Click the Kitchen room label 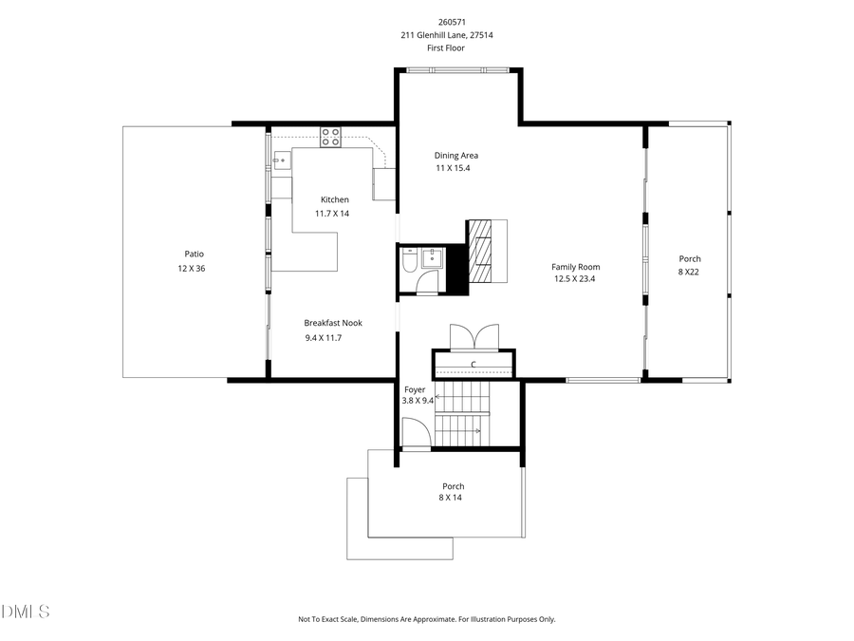(334, 199)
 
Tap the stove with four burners (330, 137)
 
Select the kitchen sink (282, 160)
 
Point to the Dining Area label (455, 155)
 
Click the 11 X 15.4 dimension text (453, 168)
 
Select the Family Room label (576, 267)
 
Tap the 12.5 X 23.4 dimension (576, 279)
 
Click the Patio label (194, 254)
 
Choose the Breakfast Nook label (333, 323)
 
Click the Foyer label (415, 389)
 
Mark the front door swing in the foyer (415, 432)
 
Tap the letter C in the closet (473, 365)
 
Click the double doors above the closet (473, 337)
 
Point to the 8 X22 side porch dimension (690, 273)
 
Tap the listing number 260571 (452, 22)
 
